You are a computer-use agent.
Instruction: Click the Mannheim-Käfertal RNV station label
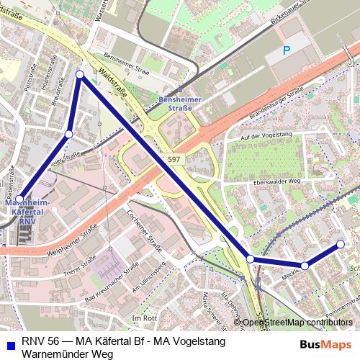point(27,212)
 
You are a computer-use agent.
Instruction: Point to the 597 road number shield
point(174,158)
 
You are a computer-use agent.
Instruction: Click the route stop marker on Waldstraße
point(80,75)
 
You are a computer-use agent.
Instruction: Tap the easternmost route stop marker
point(341,244)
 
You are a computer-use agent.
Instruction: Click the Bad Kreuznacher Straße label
point(111,283)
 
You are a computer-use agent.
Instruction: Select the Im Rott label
point(145,318)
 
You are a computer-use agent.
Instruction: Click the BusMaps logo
point(325,344)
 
